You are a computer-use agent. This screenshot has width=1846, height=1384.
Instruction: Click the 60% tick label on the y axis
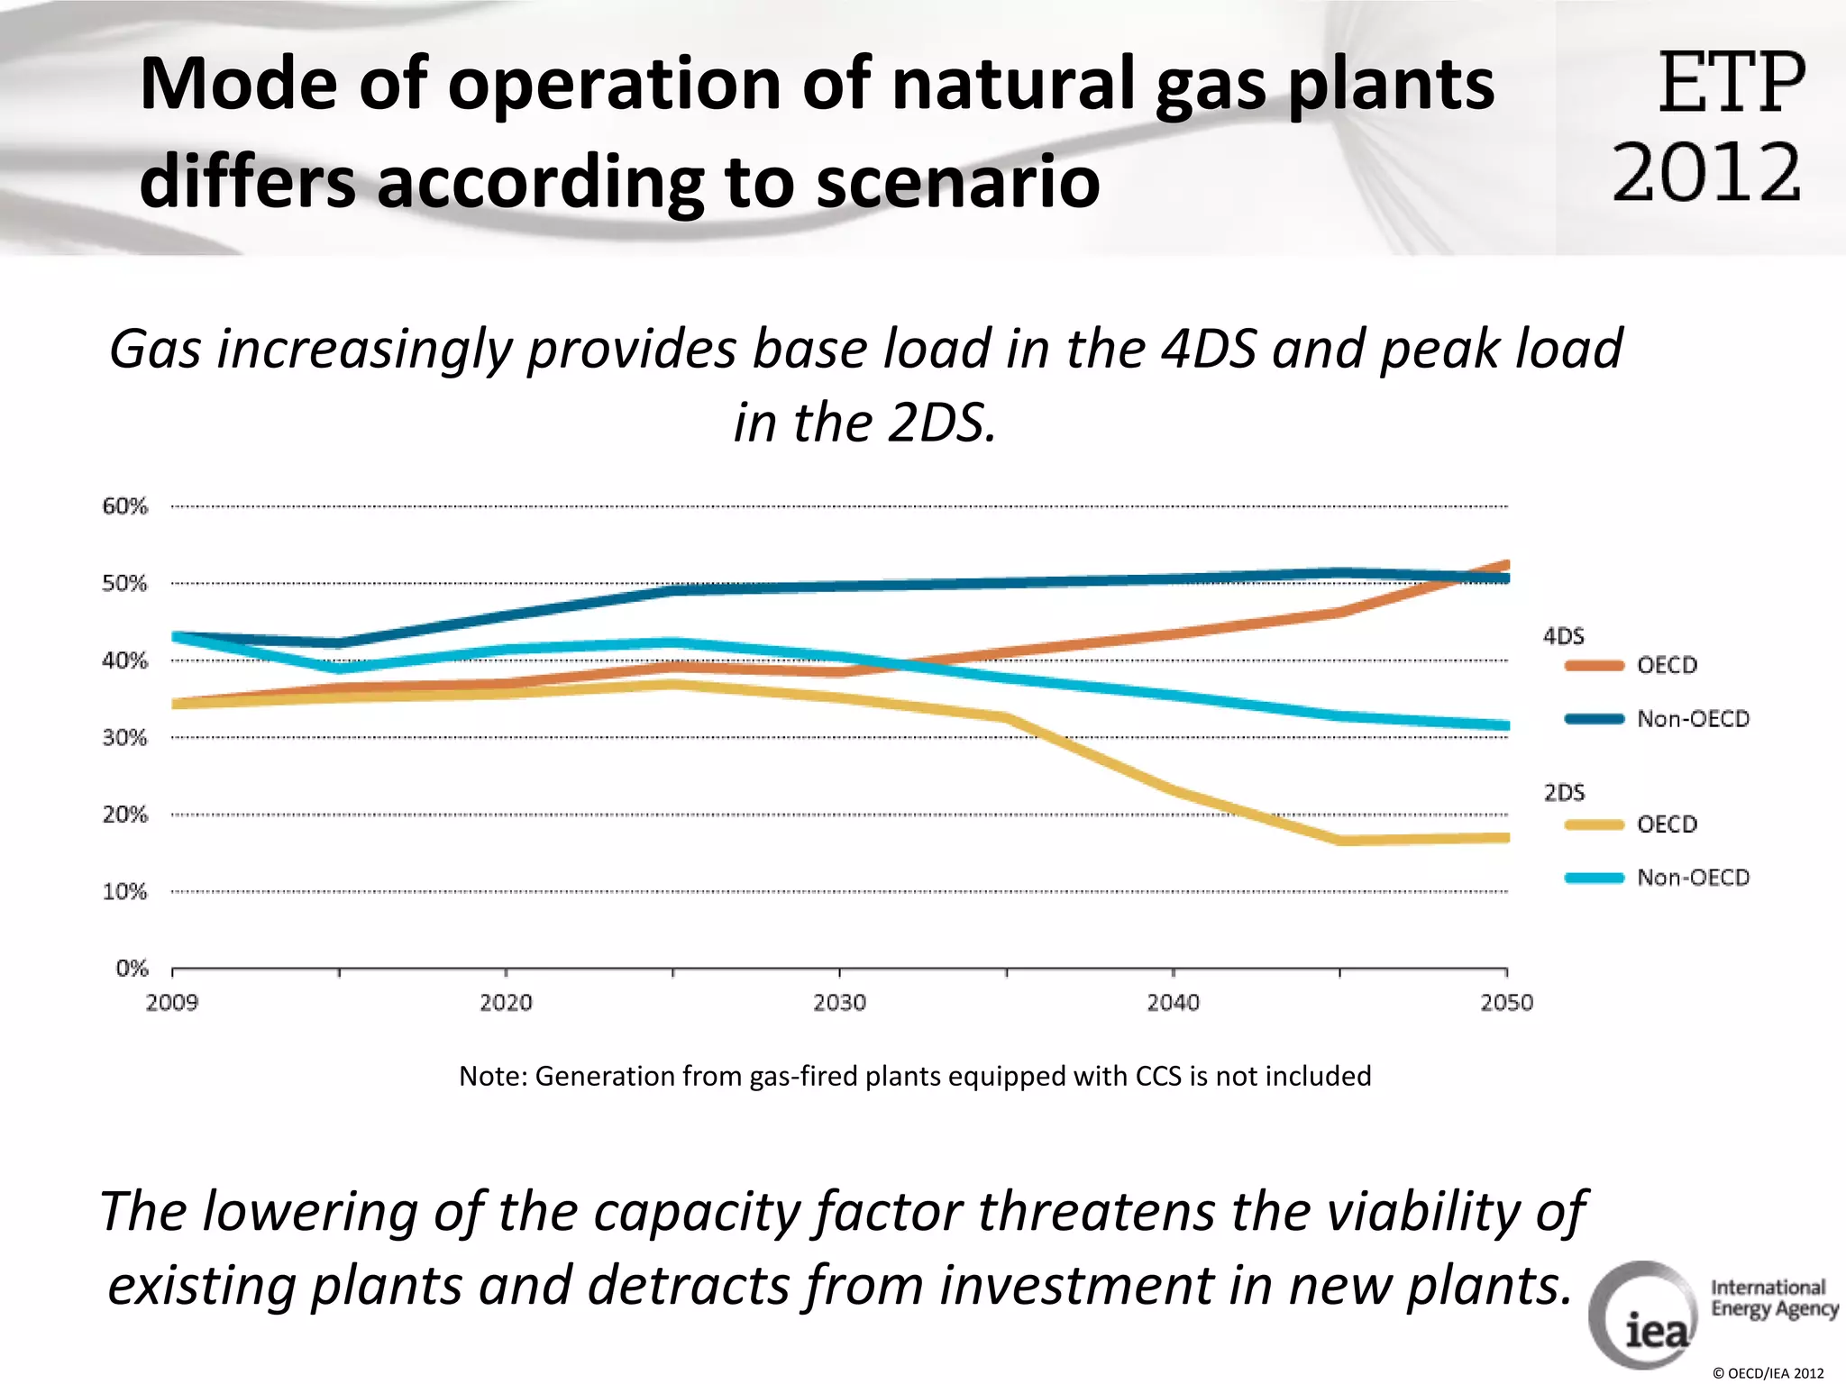pyautogui.click(x=124, y=506)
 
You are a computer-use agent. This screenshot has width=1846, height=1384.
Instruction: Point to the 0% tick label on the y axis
pyautogui.click(x=132, y=969)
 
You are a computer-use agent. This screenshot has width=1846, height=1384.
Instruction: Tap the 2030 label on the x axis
pyautogui.click(x=839, y=1003)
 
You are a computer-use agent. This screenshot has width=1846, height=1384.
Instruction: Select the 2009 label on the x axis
pyautogui.click(x=172, y=1003)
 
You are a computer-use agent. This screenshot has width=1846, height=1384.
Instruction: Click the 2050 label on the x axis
pyautogui.click(x=1506, y=1003)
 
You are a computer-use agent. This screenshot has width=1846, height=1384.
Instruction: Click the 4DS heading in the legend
pyautogui.click(x=1563, y=636)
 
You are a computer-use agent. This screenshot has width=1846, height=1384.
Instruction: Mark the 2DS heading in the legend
pyautogui.click(x=1564, y=793)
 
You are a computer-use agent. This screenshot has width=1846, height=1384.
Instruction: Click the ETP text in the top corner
pyautogui.click(x=1731, y=83)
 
